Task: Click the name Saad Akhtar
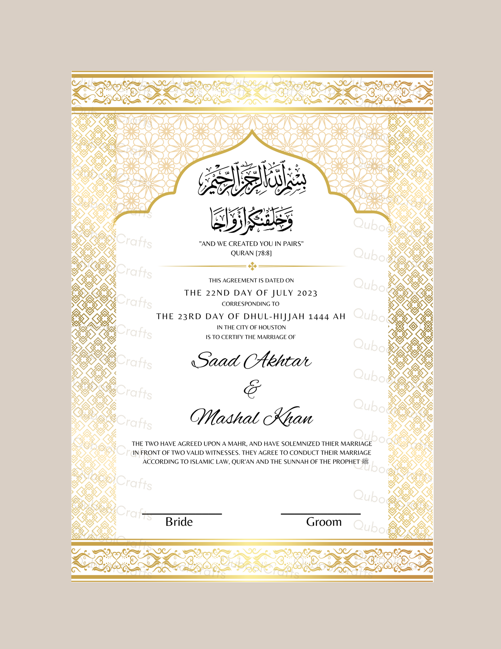click(x=251, y=361)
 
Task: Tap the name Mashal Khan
click(x=252, y=418)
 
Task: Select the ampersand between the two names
click(x=252, y=389)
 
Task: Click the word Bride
click(x=179, y=522)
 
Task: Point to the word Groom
click(x=324, y=522)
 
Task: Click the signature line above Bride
click(x=182, y=514)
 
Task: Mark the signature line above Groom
click(x=321, y=514)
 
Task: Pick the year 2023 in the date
click(x=307, y=293)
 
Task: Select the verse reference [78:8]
click(x=264, y=253)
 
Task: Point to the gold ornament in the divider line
click(x=252, y=267)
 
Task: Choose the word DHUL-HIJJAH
click(x=274, y=317)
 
